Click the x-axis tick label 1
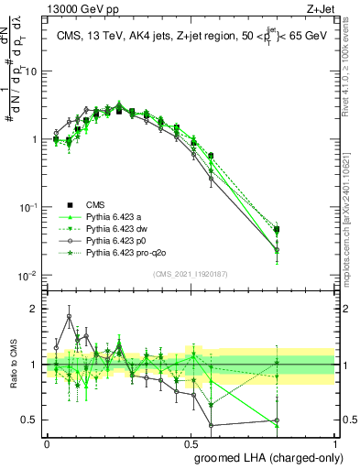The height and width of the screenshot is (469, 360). [335, 442]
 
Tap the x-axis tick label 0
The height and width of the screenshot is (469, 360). [47, 442]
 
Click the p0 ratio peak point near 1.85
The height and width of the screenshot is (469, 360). [70, 317]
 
